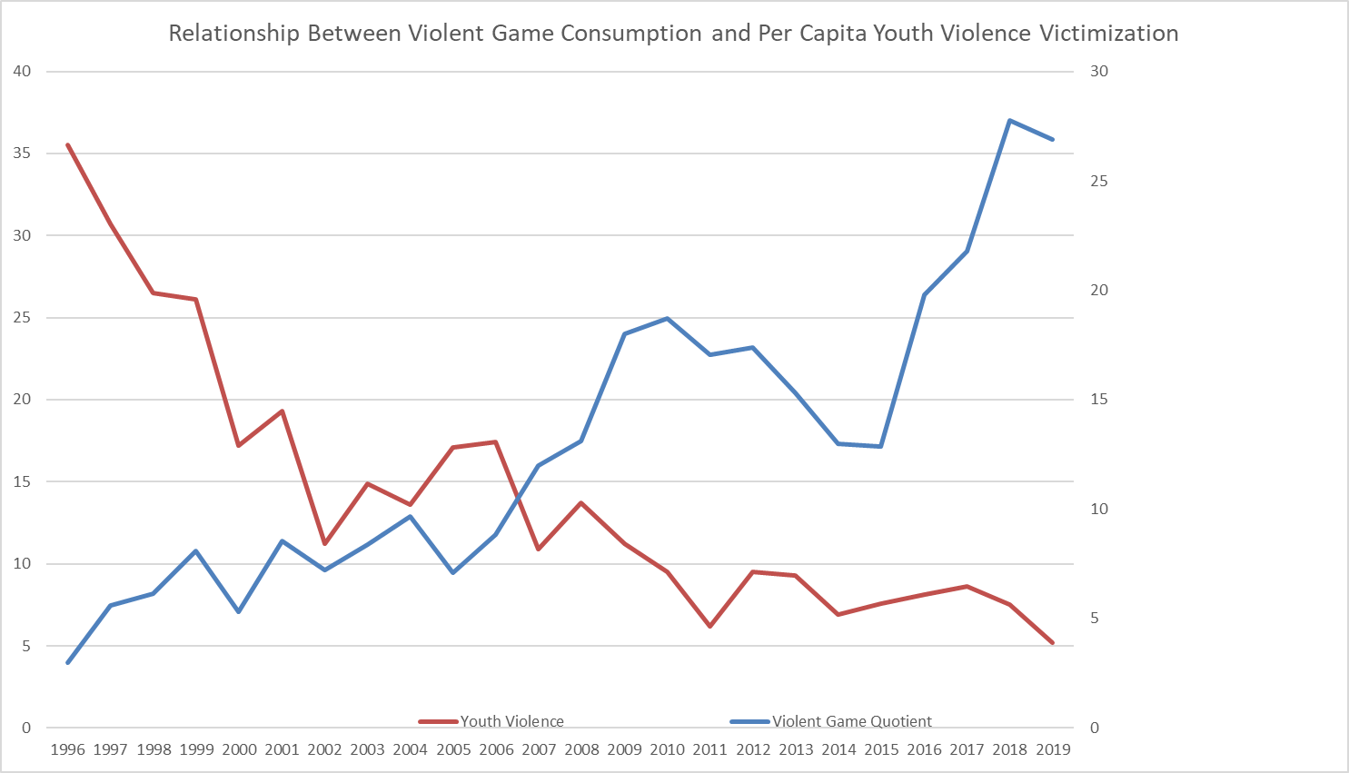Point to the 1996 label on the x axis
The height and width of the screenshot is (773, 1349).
[x=68, y=749]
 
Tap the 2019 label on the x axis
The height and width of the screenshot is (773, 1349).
[x=1053, y=749]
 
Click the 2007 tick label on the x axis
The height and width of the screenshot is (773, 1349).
[x=539, y=749]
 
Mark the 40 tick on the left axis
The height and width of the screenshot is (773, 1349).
[x=22, y=72]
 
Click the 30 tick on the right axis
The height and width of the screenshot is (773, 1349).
[x=1099, y=72]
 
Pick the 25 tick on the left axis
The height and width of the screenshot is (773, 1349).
[x=22, y=318]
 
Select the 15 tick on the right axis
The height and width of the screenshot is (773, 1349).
[x=1099, y=400]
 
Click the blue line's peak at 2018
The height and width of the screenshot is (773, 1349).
[x=1009, y=120]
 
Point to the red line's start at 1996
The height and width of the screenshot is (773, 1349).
[x=68, y=145]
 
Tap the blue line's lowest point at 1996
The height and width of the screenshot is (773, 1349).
[x=68, y=662]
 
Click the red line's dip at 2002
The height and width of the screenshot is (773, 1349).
[x=324, y=543]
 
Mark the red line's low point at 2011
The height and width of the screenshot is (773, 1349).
[x=709, y=626]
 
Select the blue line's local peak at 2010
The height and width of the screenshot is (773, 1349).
[x=668, y=318]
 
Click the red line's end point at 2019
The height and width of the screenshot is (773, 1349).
[x=1053, y=642]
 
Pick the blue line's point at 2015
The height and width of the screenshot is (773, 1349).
[x=881, y=446]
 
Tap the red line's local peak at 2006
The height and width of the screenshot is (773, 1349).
[x=495, y=441]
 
